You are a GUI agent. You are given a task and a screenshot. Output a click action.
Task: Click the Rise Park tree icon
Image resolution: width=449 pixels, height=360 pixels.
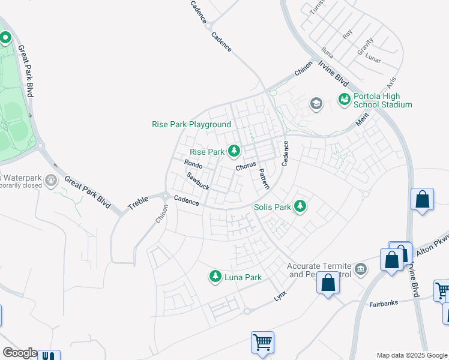click(234, 152)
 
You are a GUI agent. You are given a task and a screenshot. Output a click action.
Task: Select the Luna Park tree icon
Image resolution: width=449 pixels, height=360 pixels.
click(215, 277)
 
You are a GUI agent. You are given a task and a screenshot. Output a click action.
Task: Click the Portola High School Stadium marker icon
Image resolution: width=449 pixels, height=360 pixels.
click(345, 99)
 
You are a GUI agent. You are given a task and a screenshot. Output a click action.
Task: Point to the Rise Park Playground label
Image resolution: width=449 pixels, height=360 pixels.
click(191, 124)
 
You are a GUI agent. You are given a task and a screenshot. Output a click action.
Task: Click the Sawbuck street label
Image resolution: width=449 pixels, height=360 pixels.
click(197, 181)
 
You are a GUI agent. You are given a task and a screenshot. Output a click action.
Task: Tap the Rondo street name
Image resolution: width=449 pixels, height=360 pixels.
click(193, 164)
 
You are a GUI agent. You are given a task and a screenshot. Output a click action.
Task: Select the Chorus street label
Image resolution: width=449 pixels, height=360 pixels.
click(246, 166)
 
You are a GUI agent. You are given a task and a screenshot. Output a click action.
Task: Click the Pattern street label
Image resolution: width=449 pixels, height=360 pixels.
click(264, 179)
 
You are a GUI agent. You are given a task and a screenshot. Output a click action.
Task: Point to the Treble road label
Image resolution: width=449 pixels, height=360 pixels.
click(138, 203)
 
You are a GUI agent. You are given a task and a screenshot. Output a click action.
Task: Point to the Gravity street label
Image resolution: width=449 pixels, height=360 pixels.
click(365, 47)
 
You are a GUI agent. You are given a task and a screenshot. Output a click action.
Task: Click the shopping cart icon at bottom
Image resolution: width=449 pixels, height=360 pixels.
click(262, 343)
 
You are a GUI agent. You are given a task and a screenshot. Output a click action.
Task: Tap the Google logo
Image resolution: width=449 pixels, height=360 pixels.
click(19, 353)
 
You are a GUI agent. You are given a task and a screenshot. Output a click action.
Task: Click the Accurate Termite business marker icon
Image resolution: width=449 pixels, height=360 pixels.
click(360, 268)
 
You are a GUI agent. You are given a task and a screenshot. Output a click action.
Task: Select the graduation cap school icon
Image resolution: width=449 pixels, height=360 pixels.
click(316, 104)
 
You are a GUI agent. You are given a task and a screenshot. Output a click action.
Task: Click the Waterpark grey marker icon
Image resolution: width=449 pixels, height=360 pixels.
click(51, 179)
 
